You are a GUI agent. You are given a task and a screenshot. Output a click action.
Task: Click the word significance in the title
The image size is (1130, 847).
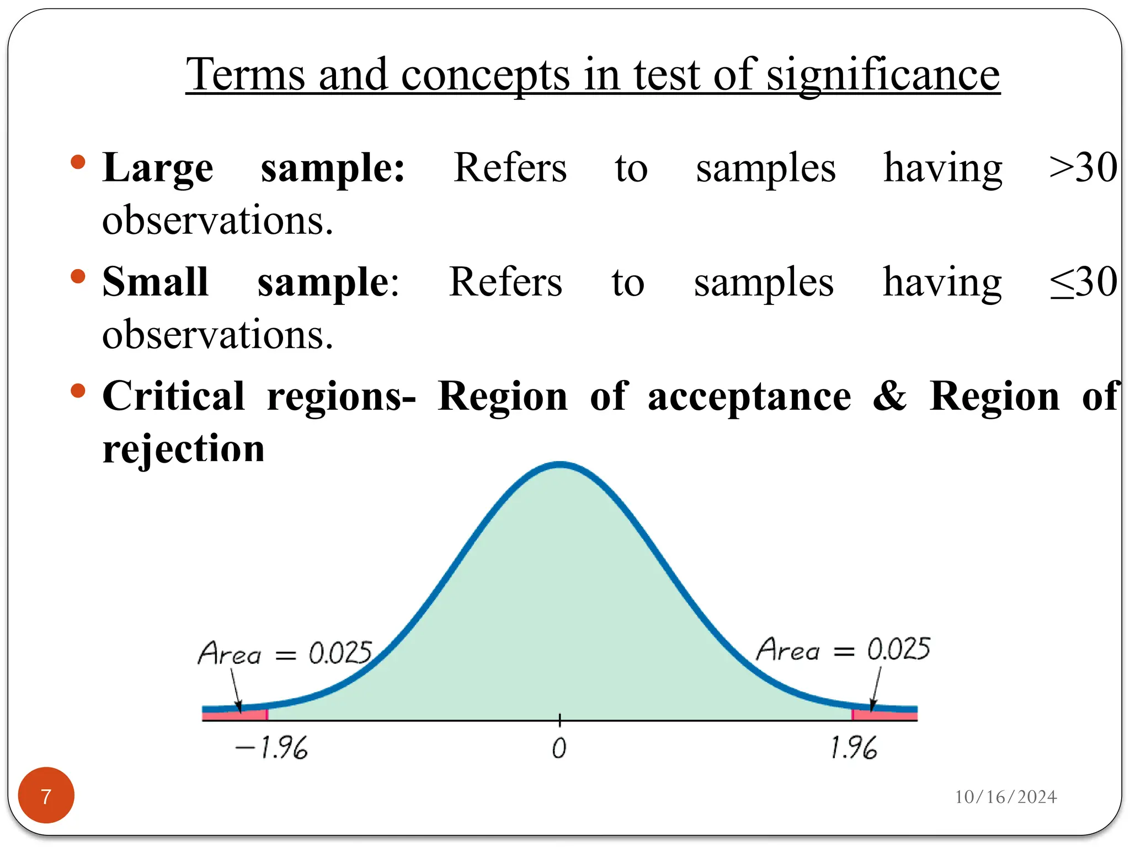[883, 76]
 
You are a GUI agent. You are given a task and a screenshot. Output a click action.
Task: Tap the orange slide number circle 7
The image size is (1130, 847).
[46, 795]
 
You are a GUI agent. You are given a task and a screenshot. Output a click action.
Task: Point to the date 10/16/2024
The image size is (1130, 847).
[1005, 797]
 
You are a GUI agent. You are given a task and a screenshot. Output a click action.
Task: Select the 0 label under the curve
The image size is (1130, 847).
[559, 748]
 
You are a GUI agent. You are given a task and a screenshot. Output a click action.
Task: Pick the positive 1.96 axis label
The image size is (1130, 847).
[853, 748]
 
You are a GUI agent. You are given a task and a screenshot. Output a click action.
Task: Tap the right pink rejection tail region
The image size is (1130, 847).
[884, 715]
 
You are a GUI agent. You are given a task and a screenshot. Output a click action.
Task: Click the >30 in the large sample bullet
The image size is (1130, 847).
[1083, 168]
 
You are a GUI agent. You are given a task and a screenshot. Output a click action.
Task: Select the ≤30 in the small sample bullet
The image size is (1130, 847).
[1083, 282]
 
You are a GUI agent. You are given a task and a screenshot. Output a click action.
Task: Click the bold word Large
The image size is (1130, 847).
[158, 169]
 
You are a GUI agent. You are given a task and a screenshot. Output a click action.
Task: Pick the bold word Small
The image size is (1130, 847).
[156, 282]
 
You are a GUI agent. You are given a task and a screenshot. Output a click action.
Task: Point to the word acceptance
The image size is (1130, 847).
[749, 398]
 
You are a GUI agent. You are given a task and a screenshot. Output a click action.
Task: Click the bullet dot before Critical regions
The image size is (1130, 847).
[78, 391]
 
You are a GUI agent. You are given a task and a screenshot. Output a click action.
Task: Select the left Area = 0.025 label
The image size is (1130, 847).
[285, 653]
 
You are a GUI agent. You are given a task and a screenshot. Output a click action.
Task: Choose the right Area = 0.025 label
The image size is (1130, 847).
[843, 649]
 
